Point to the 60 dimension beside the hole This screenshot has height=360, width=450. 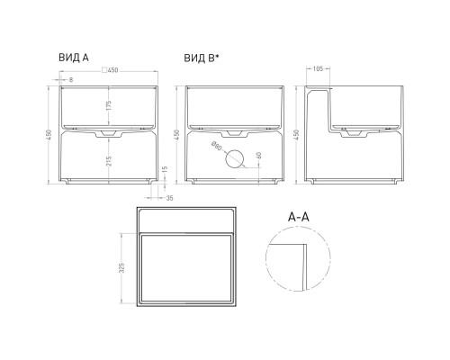[x=258, y=156]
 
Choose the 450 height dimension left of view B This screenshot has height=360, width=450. [x=176, y=134]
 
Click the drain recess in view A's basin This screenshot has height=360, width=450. [x=109, y=133]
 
